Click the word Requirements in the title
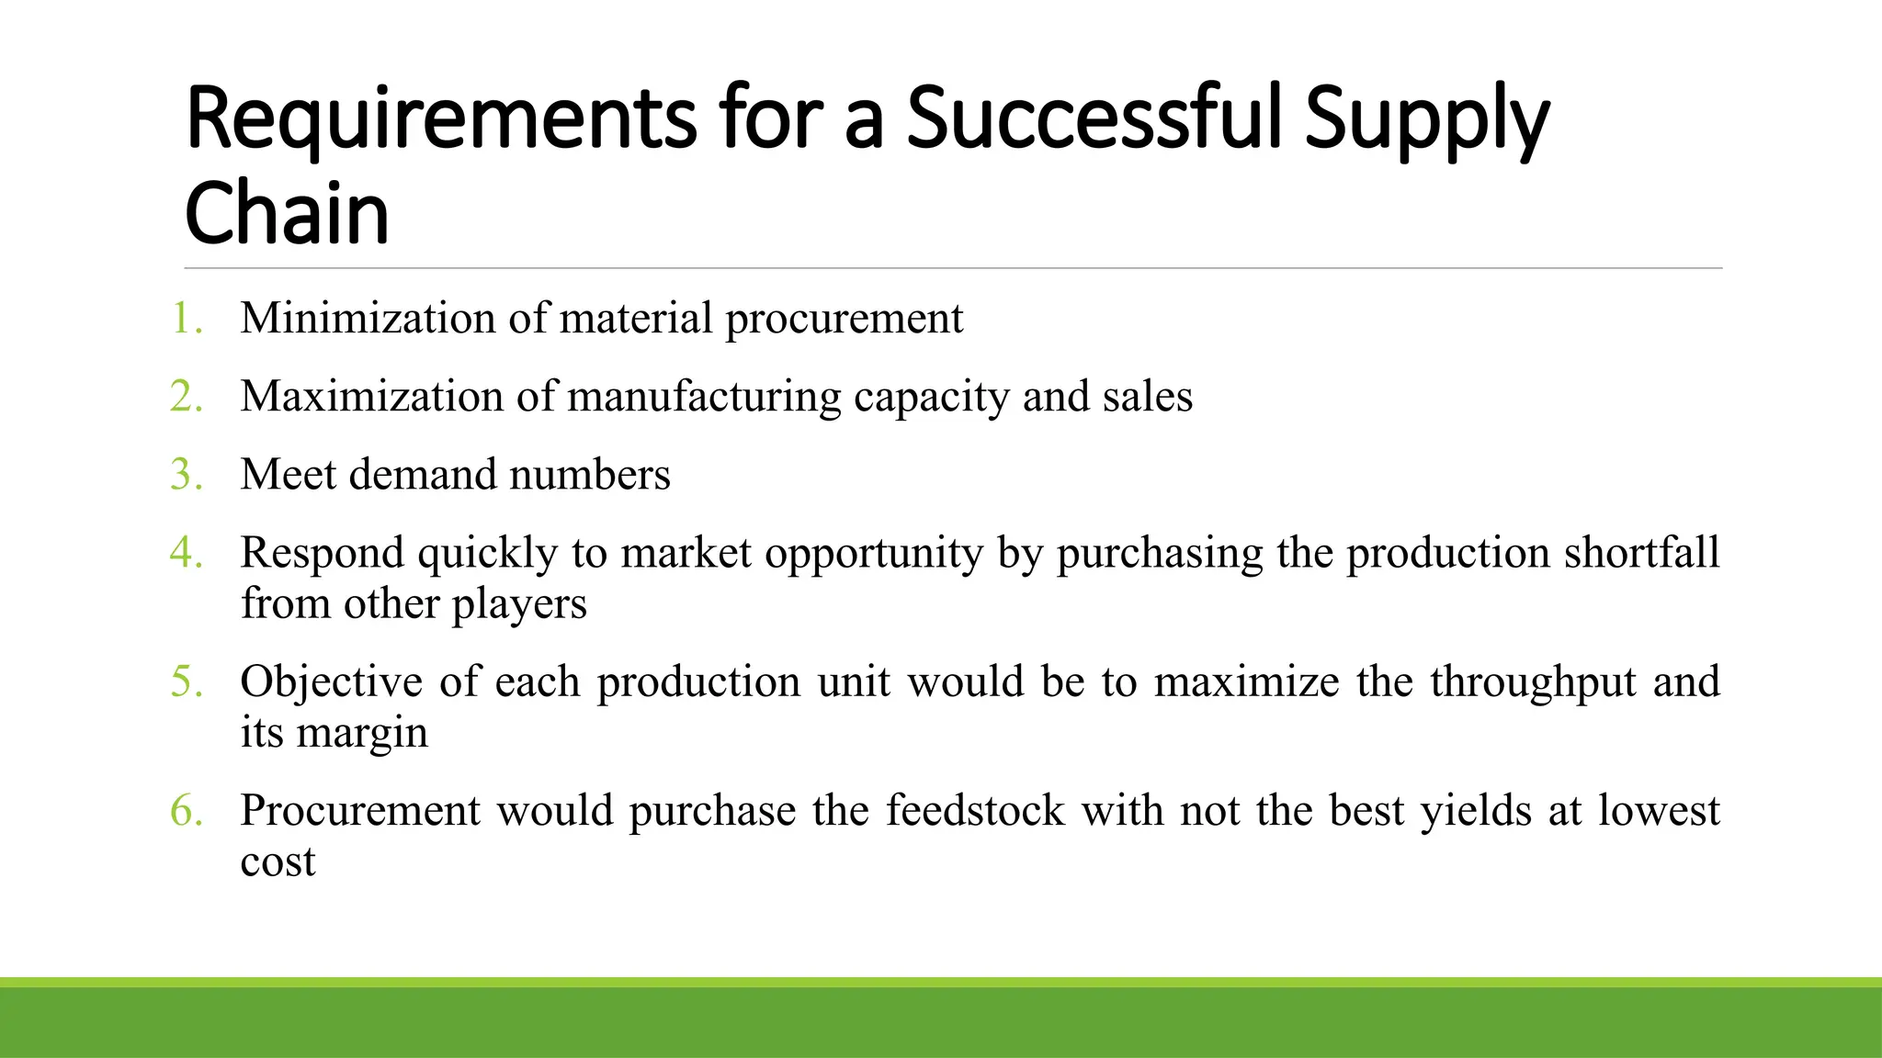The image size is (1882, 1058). [441, 119]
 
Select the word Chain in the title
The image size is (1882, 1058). [287, 213]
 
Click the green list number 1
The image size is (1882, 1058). [187, 319]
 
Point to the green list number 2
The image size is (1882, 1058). [187, 397]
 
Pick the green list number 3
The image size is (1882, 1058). [187, 475]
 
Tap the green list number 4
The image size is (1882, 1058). [187, 553]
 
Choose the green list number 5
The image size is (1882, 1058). [187, 681]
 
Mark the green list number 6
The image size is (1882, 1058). [187, 811]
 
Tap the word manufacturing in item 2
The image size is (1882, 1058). [704, 397]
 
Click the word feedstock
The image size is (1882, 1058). [975, 811]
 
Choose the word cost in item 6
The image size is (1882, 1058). [278, 862]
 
